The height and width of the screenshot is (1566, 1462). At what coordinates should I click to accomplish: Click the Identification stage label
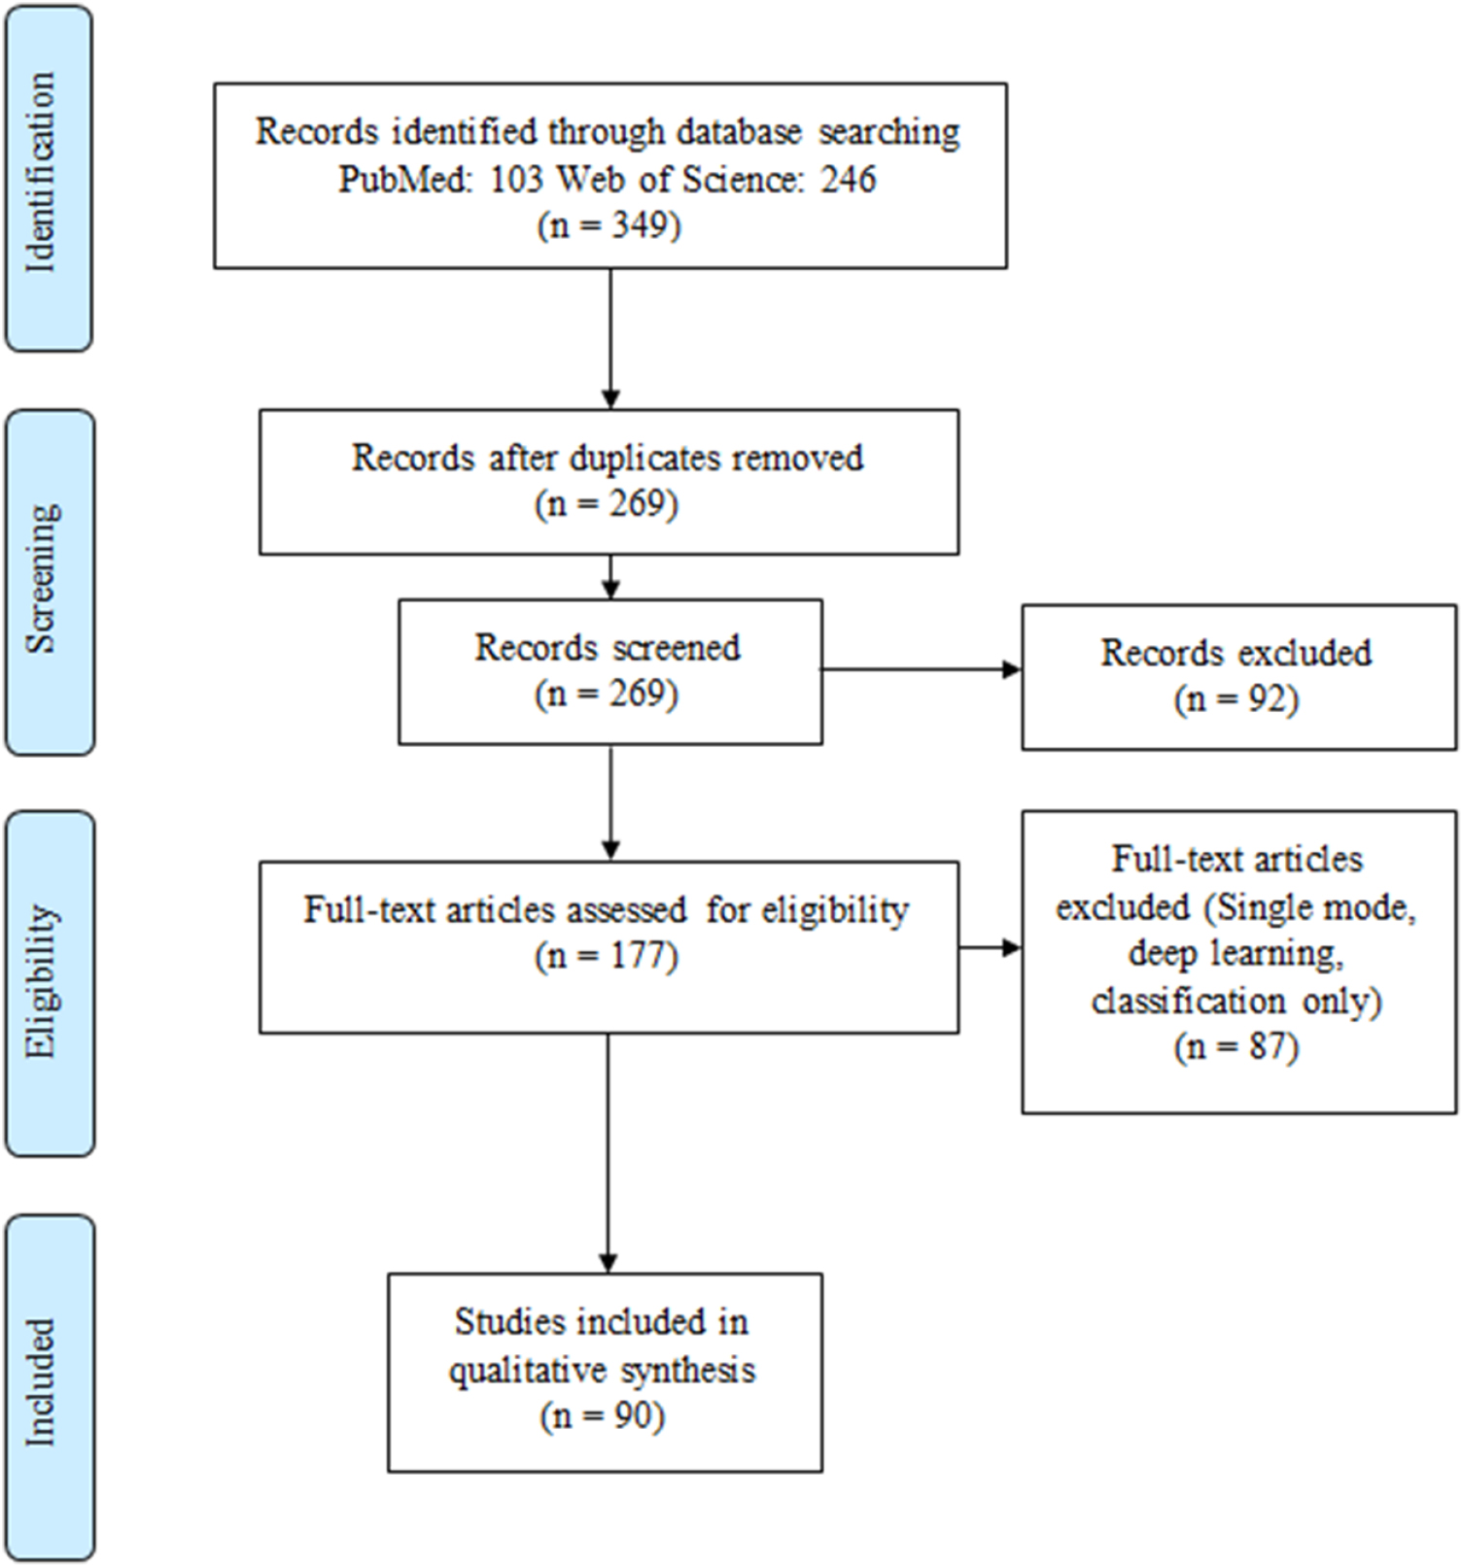tap(41, 174)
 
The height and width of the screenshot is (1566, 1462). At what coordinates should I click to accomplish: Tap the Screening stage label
tap(43, 580)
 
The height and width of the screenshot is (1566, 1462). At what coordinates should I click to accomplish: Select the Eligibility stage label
tap(43, 981)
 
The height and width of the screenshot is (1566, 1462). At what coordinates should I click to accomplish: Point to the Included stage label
tap(41, 1382)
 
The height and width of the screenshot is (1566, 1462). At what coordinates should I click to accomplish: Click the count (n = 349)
tap(609, 225)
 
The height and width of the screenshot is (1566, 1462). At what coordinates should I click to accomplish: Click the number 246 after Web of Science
tap(848, 179)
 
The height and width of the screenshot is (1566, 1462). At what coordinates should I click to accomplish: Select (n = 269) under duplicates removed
tap(607, 504)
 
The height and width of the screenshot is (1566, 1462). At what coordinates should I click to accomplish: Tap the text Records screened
tap(608, 648)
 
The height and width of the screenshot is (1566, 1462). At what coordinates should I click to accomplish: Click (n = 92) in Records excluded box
tap(1236, 699)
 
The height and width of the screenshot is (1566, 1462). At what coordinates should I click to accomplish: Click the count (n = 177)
tap(607, 957)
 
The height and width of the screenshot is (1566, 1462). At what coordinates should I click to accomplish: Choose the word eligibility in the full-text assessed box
tap(834, 910)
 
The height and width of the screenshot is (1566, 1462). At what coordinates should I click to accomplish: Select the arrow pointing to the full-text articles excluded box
tap(991, 947)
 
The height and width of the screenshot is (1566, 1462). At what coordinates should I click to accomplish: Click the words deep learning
tap(1236, 954)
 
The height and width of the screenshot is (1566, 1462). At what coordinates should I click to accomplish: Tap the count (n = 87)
tap(1236, 1047)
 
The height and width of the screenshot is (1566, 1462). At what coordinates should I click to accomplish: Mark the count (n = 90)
tap(603, 1416)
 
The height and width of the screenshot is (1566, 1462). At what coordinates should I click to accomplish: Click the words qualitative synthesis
tap(602, 1370)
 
